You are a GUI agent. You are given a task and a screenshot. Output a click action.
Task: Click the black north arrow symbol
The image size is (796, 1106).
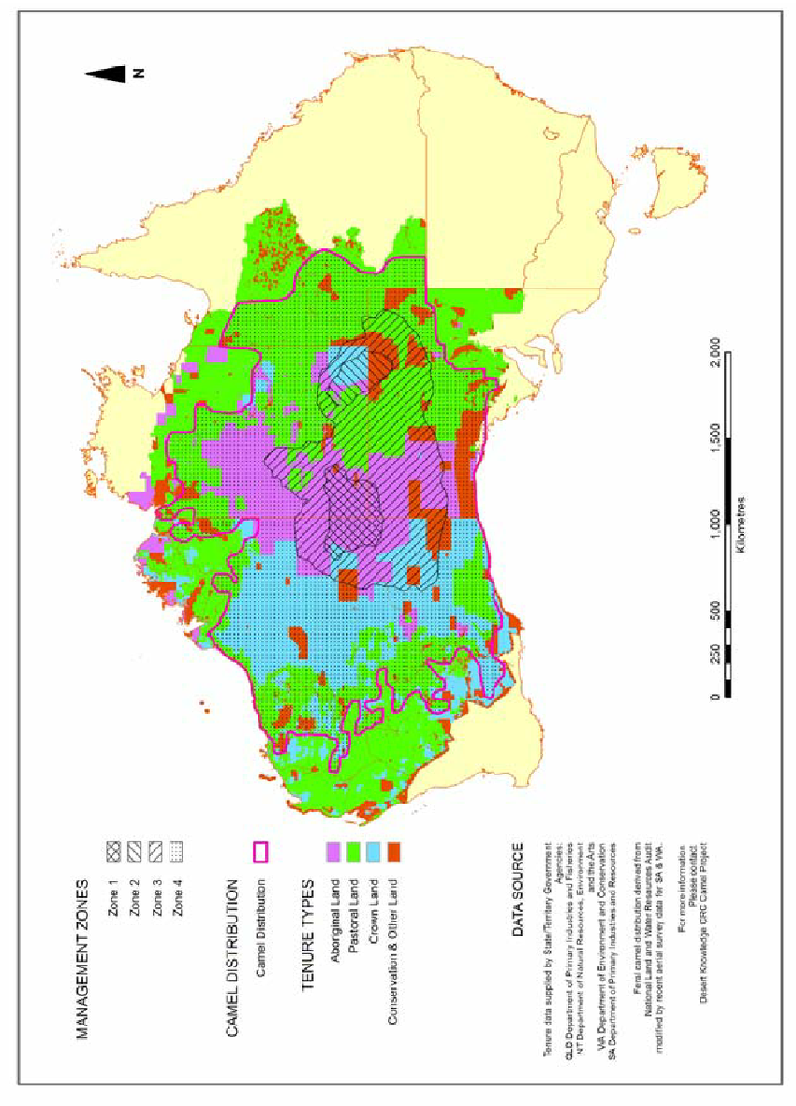pyautogui.click(x=111, y=75)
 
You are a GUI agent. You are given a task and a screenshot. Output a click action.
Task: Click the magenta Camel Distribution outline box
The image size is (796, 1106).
pyautogui.click(x=260, y=851)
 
